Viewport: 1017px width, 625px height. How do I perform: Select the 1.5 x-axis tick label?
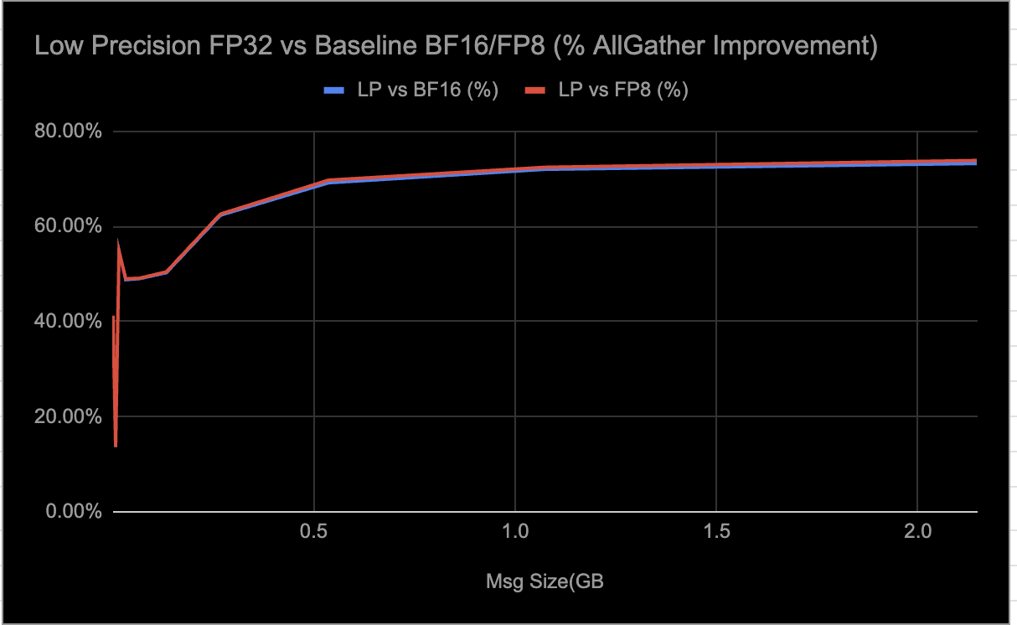716,532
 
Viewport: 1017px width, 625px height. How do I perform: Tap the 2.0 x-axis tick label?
917,532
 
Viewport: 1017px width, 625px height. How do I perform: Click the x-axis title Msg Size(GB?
545,581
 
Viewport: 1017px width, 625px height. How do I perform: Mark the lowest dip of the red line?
116,446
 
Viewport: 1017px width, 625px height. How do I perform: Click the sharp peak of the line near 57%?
118,242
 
